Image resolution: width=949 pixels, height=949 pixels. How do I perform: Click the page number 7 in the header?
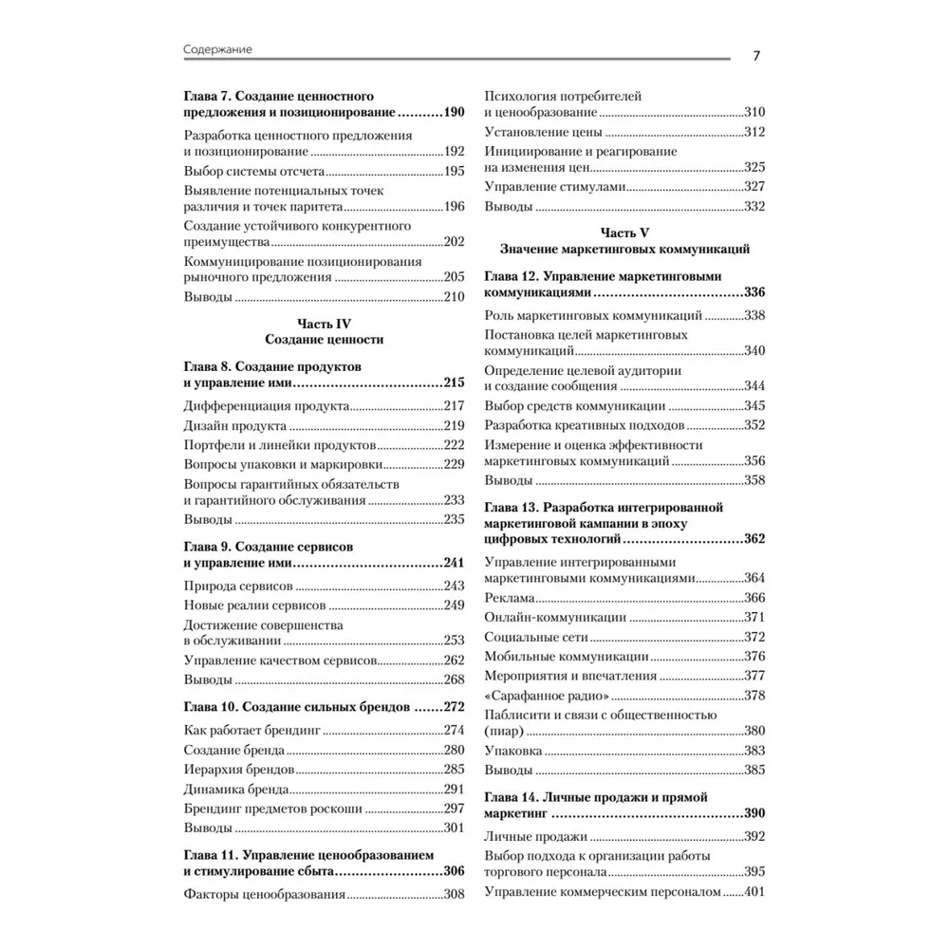coord(756,54)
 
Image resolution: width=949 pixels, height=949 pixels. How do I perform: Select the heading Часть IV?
coord(325,323)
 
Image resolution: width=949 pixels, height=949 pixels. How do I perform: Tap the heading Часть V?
coord(624,232)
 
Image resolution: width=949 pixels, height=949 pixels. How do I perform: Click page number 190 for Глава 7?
coord(453,113)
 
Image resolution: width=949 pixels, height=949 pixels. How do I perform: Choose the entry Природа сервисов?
coord(238,586)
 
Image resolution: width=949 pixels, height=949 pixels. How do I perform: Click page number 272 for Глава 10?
coord(453,707)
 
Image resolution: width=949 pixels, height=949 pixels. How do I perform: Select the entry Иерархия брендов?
coord(238,769)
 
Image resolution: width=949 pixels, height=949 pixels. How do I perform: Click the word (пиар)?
coord(503,731)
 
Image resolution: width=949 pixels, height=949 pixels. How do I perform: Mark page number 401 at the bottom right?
coord(754,891)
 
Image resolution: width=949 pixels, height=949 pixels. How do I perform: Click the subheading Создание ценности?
coord(325,339)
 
